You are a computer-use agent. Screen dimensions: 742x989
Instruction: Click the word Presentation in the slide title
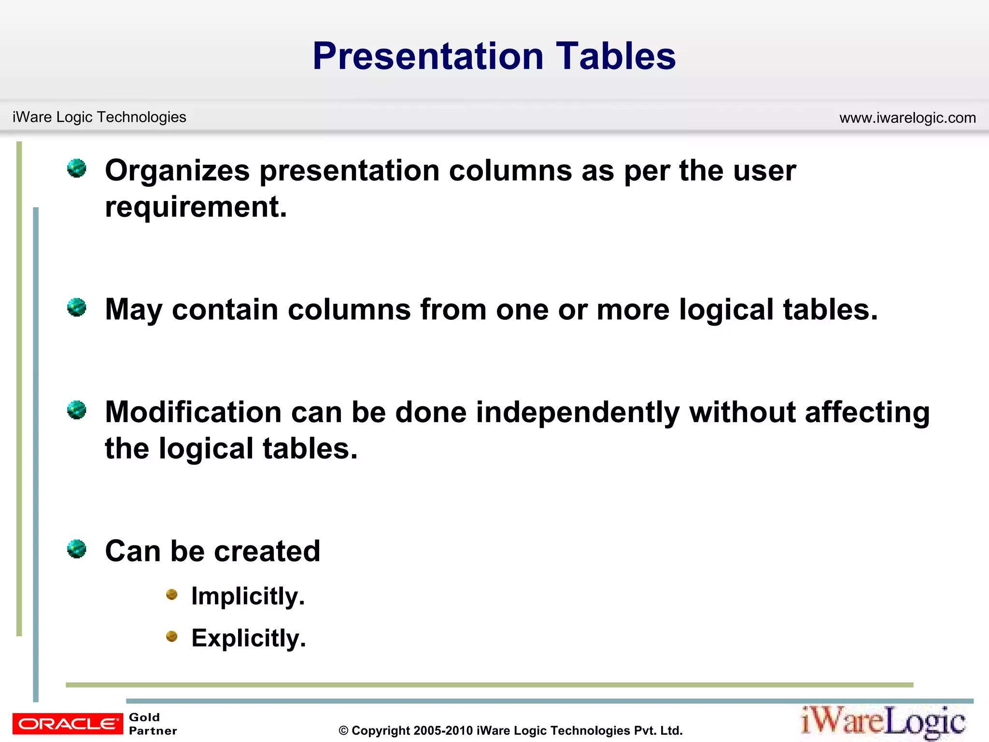click(x=428, y=56)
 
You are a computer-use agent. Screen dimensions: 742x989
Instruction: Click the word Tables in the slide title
click(x=616, y=56)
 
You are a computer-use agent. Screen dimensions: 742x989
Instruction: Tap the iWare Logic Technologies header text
click(x=99, y=117)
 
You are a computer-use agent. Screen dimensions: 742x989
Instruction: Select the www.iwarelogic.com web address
click(x=907, y=117)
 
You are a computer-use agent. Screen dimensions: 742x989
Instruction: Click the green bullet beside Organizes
click(x=77, y=169)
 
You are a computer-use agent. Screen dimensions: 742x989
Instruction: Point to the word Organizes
click(x=177, y=171)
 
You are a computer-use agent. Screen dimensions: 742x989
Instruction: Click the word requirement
click(x=196, y=207)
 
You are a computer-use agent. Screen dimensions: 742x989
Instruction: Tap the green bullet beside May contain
click(x=77, y=307)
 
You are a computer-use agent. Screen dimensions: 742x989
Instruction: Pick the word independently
click(x=578, y=413)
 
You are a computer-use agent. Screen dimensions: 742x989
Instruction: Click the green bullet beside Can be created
click(x=77, y=549)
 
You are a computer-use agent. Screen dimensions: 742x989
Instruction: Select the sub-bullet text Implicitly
click(x=248, y=596)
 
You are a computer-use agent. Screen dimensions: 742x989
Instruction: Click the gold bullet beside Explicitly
click(x=172, y=637)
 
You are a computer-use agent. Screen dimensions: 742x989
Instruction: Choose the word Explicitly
click(x=248, y=638)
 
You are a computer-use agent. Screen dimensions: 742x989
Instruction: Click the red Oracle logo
click(x=68, y=724)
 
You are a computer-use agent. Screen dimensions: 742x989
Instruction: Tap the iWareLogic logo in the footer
click(x=883, y=722)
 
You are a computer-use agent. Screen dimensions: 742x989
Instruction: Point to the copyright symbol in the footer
click(x=343, y=731)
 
